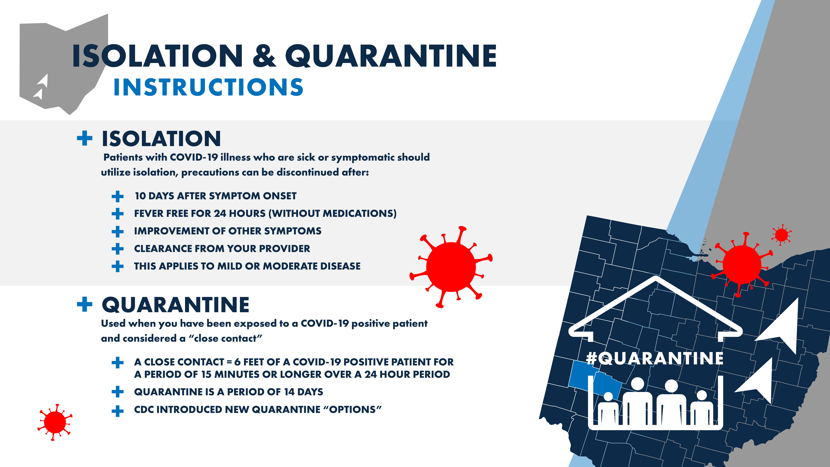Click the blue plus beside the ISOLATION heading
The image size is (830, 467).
[85, 138]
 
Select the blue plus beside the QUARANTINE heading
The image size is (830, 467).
[85, 304]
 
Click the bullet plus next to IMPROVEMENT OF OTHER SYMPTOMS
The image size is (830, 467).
[118, 231]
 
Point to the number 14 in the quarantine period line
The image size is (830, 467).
[289, 392]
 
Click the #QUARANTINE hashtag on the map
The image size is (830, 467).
[655, 358]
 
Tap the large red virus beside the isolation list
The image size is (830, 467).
[451, 267]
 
